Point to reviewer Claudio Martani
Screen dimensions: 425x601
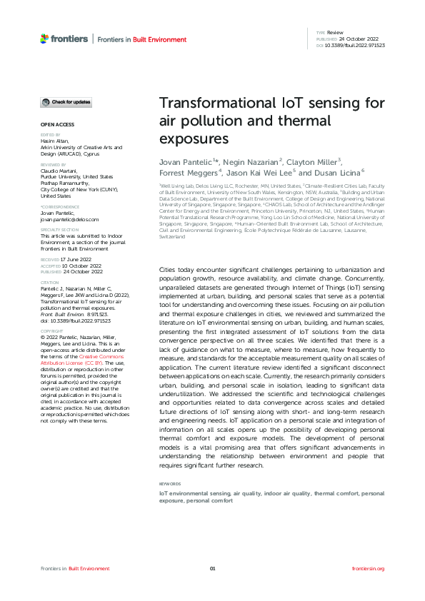58,171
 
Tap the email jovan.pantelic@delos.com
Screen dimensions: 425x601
69,221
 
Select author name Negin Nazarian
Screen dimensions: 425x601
251,162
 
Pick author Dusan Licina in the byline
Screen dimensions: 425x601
336,172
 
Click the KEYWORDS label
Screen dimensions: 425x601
169,484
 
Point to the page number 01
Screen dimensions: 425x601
212,569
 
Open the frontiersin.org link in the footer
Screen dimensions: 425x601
369,569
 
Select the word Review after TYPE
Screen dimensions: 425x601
335,33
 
